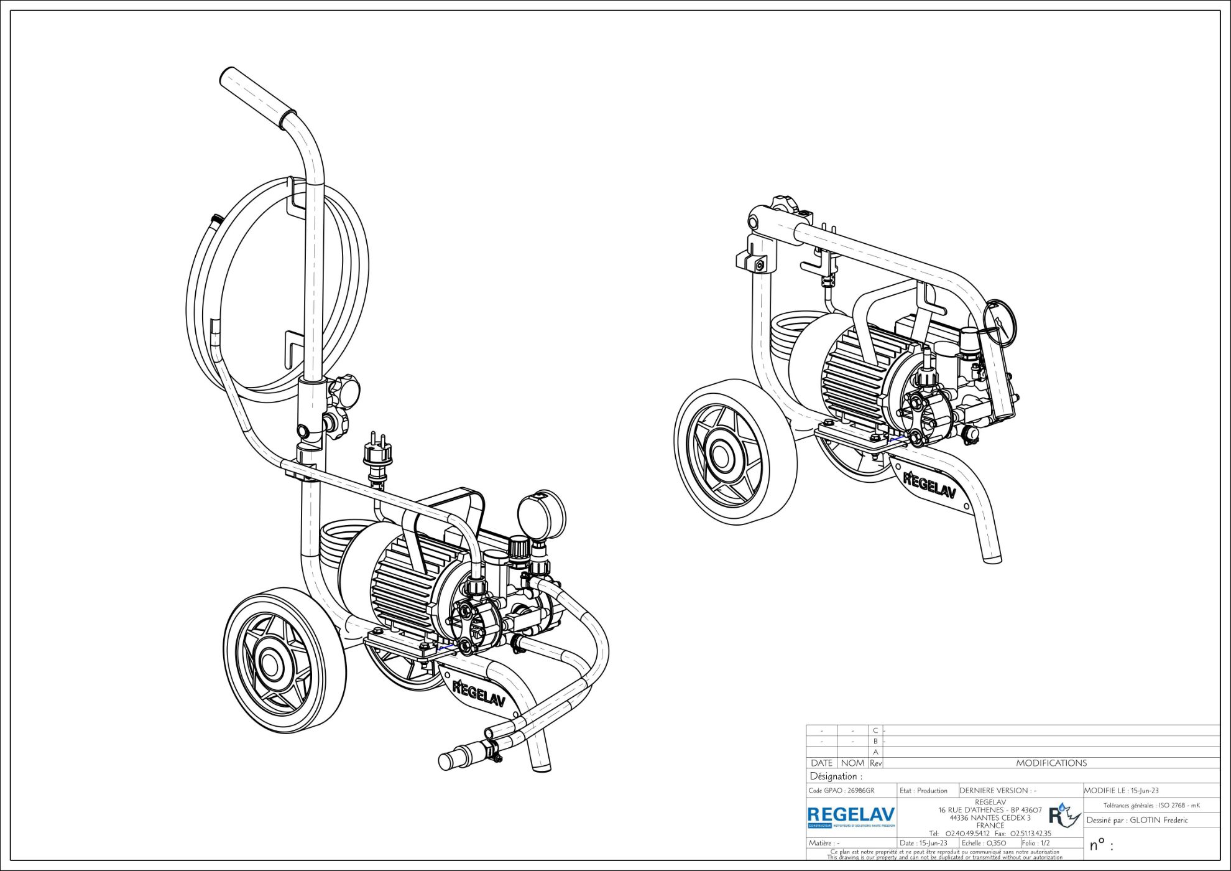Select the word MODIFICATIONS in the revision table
click(x=1051, y=763)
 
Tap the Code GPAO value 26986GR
click(x=860, y=791)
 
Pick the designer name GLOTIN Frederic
click(x=1158, y=820)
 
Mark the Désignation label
click(x=836, y=776)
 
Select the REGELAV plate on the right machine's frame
click(x=929, y=485)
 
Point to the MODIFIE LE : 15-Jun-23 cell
click(x=1122, y=791)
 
